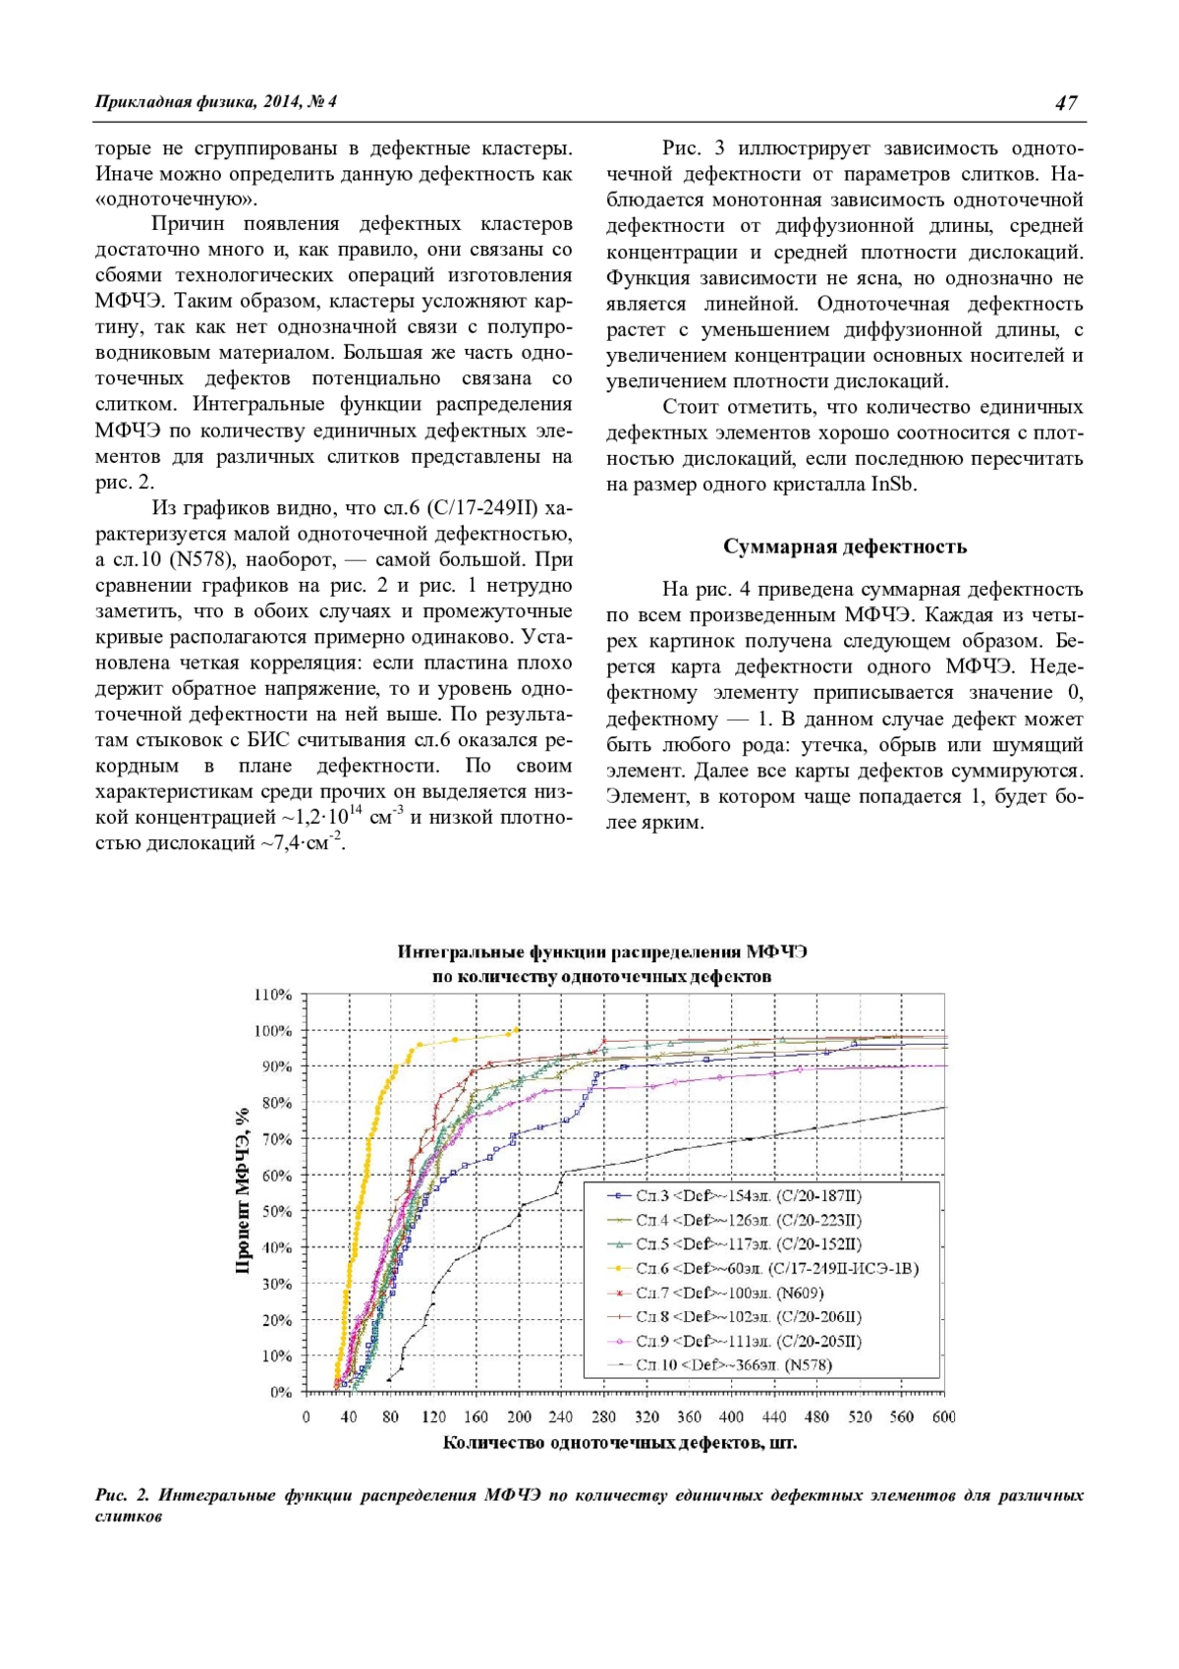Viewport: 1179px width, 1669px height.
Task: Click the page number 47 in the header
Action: point(1066,102)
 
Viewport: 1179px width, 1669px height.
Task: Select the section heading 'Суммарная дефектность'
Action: point(845,547)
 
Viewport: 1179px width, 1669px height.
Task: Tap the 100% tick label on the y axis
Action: point(274,1031)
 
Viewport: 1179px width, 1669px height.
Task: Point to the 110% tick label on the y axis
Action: point(274,995)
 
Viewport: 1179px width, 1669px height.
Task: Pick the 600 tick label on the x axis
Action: point(944,1416)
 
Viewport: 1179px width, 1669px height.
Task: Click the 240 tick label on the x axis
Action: point(561,1416)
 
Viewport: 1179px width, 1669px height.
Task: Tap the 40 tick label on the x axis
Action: point(349,1416)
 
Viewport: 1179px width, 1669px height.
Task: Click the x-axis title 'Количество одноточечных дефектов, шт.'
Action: point(619,1443)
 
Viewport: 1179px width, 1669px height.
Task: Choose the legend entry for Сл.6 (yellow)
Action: point(776,1268)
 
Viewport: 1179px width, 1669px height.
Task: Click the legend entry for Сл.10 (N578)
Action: point(733,1364)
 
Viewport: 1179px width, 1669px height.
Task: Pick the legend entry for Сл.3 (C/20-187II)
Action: point(748,1196)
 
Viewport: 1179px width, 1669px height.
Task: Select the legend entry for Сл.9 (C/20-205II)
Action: point(748,1341)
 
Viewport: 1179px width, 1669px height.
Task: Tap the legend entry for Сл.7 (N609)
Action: point(729,1293)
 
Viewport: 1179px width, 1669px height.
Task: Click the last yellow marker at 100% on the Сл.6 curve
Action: point(518,1029)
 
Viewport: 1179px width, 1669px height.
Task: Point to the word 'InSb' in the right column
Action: point(894,485)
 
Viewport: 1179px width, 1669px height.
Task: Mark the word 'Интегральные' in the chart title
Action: point(461,951)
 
